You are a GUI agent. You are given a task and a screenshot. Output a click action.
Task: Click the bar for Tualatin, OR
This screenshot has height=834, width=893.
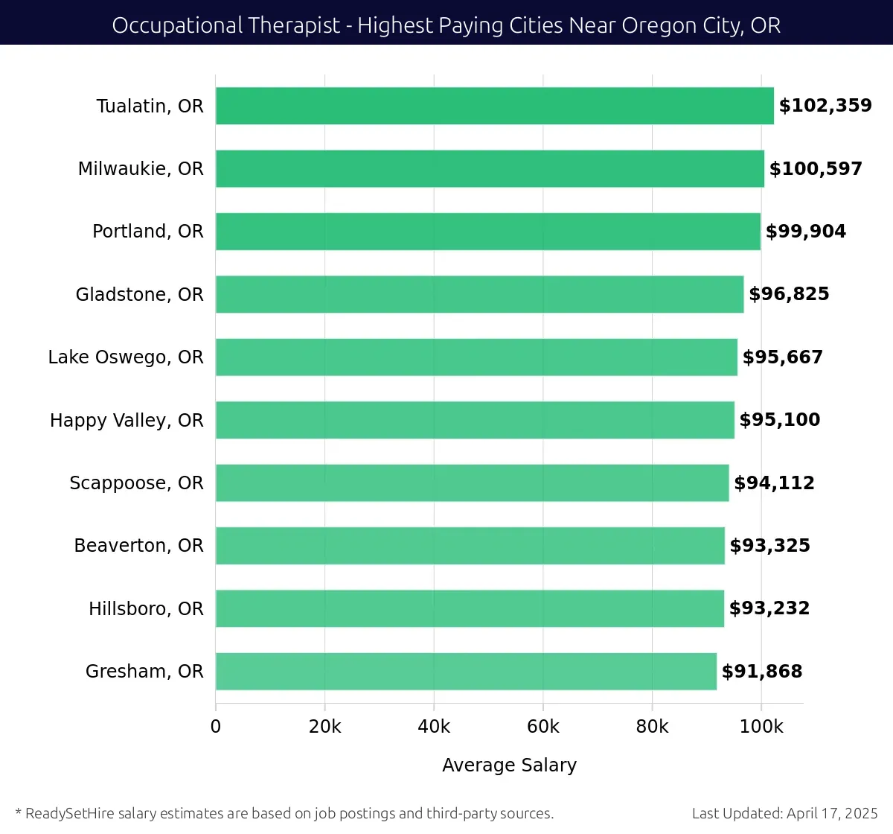(x=494, y=106)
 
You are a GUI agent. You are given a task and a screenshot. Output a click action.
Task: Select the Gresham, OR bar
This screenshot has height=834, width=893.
(x=466, y=672)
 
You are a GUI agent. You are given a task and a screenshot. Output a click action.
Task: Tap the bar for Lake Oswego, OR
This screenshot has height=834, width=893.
(x=476, y=357)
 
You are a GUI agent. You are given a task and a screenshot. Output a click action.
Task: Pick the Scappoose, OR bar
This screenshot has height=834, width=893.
(x=472, y=483)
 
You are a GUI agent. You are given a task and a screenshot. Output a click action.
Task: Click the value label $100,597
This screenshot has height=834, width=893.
(x=816, y=169)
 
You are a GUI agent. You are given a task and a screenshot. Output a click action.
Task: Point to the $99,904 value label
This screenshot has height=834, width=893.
(x=806, y=232)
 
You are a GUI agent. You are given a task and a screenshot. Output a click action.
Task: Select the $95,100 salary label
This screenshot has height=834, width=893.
(x=780, y=420)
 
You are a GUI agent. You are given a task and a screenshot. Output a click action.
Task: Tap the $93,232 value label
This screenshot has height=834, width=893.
(x=769, y=608)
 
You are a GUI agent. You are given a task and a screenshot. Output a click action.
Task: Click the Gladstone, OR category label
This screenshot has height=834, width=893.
(x=139, y=295)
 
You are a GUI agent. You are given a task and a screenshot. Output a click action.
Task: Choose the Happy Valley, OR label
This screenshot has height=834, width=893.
(x=127, y=421)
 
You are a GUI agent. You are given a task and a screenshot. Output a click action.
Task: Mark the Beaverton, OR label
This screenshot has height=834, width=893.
(x=138, y=546)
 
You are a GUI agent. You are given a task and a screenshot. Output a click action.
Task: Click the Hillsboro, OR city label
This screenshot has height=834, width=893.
(x=146, y=609)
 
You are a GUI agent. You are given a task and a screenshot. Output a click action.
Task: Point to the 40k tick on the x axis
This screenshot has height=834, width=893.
(x=434, y=727)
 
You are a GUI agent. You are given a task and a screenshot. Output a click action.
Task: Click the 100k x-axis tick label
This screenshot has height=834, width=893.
(x=761, y=727)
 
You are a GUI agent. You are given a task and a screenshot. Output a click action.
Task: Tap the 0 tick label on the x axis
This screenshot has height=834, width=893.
(x=216, y=727)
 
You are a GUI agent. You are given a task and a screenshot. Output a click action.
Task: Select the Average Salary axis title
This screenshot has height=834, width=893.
(x=509, y=765)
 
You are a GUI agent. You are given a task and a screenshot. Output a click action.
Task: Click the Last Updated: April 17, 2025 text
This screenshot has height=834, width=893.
(x=784, y=814)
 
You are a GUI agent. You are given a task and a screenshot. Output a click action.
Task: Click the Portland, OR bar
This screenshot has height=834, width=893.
(x=487, y=232)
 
